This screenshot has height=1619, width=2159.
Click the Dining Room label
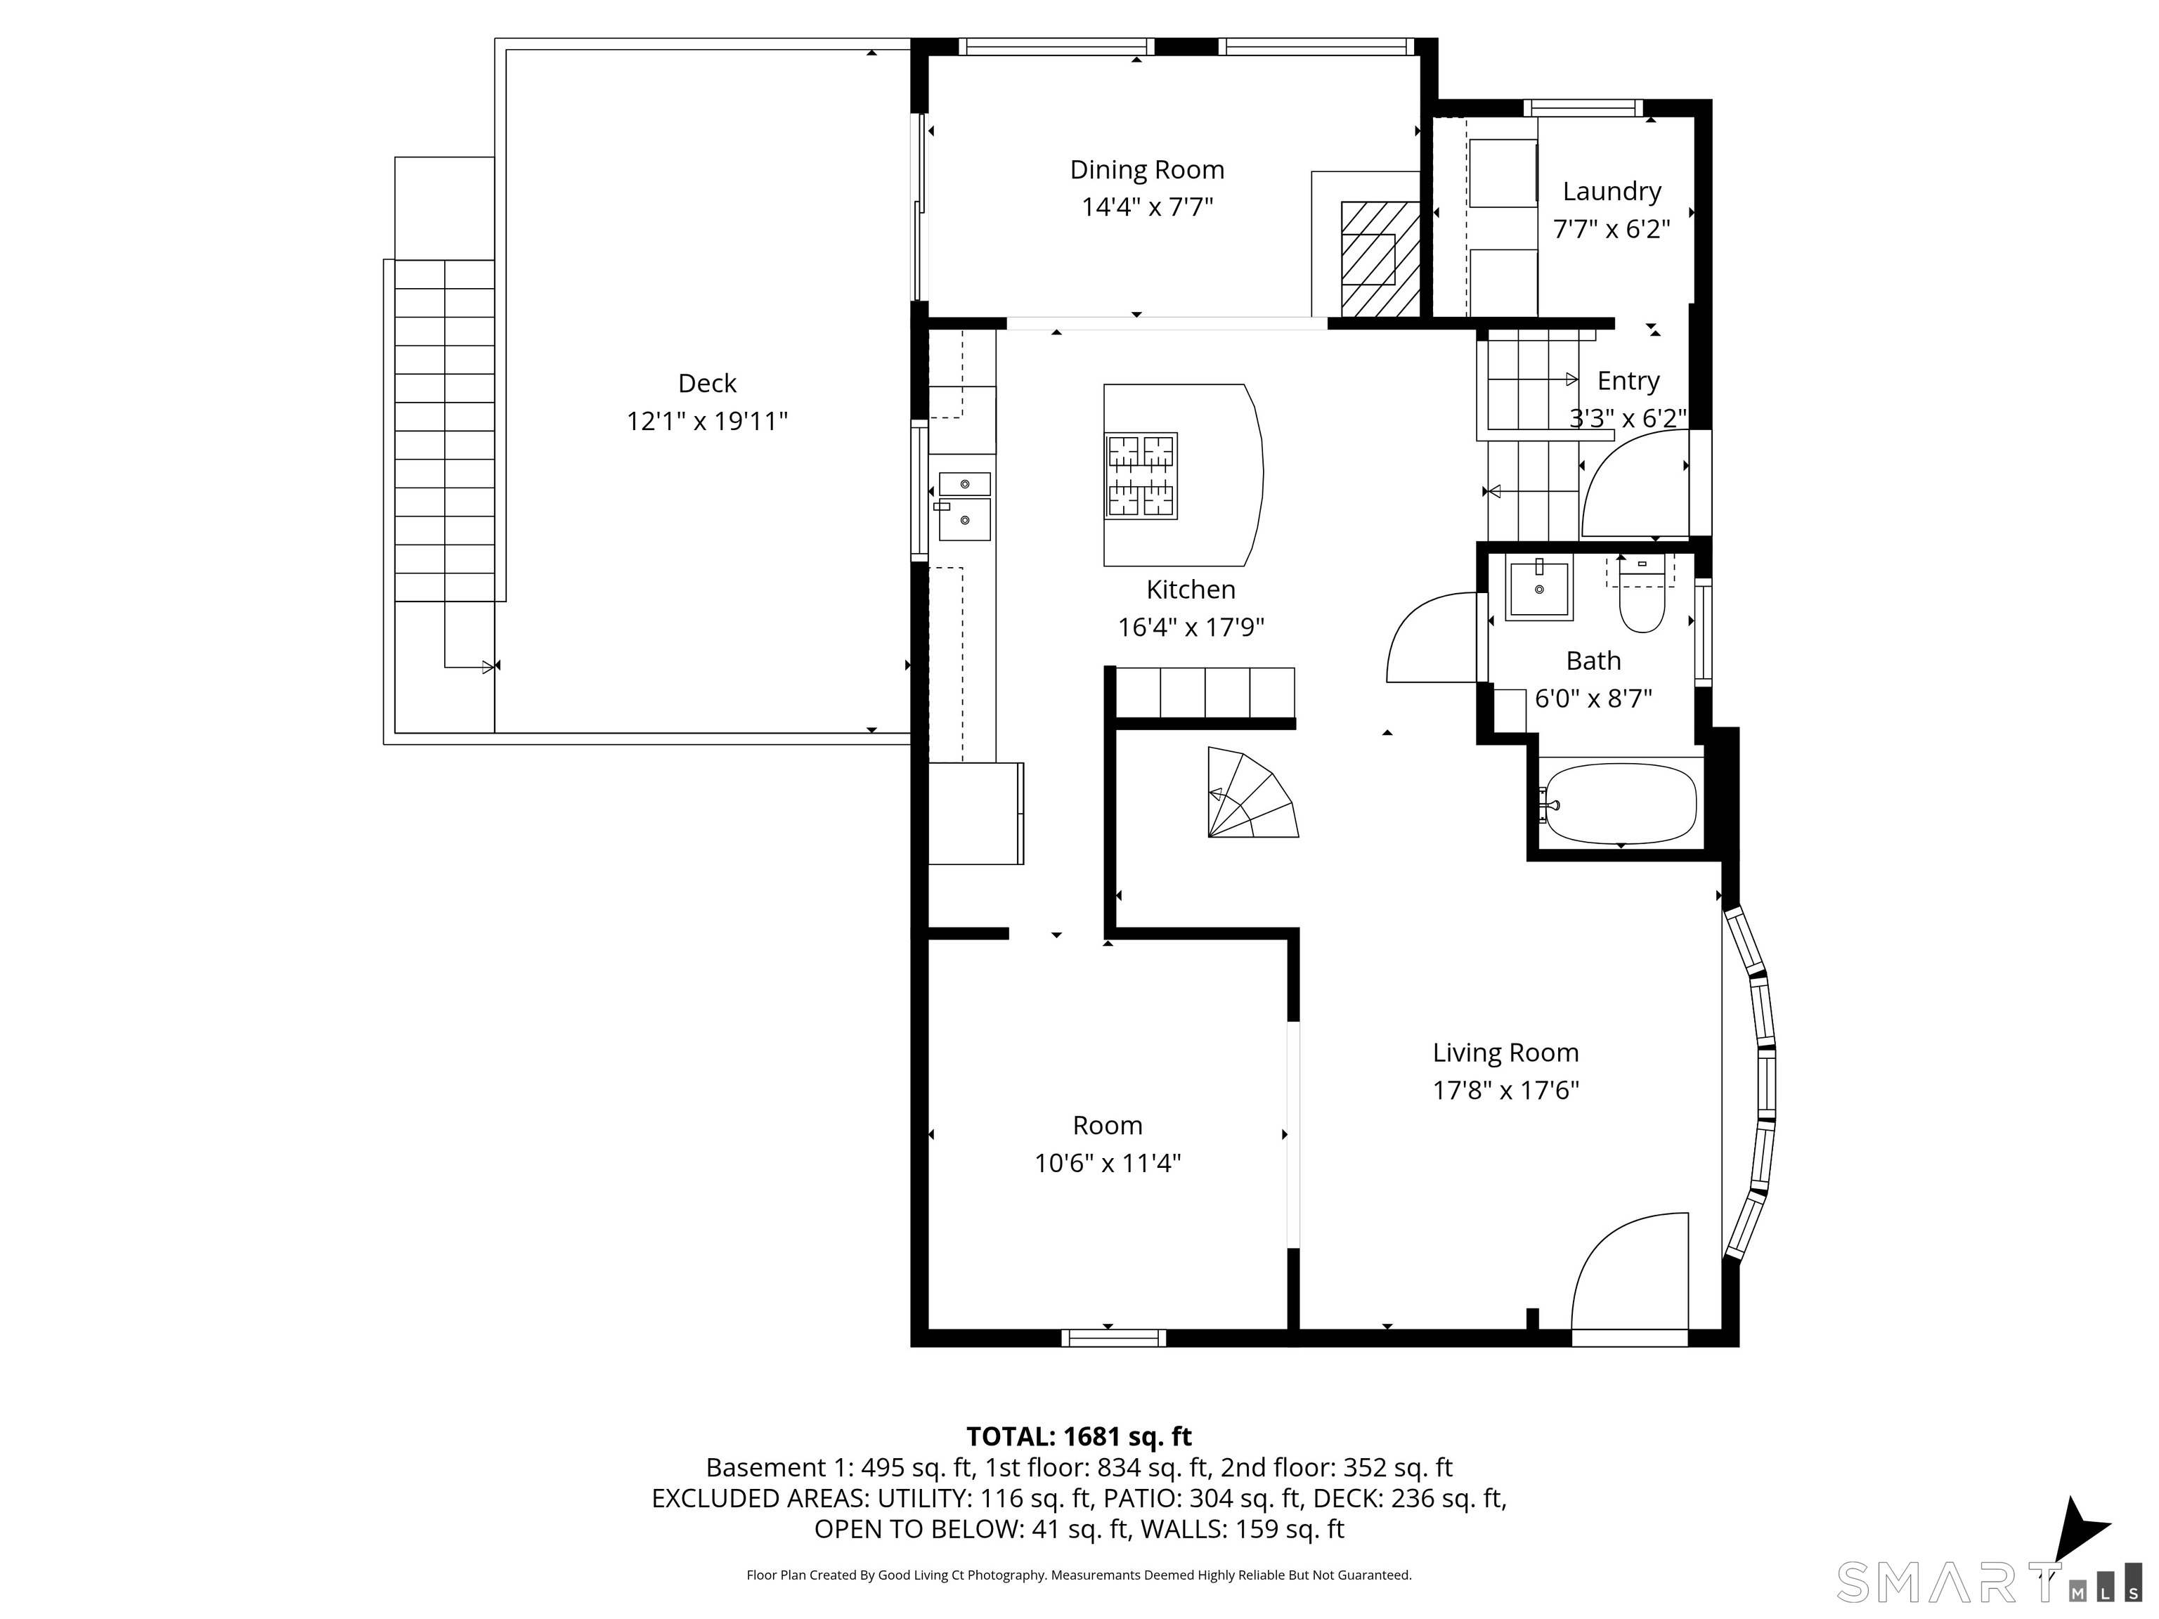(1147, 170)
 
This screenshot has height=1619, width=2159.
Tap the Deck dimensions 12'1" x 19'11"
(706, 422)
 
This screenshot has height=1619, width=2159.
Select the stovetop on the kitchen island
(1141, 475)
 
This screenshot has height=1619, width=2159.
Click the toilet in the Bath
(1642, 594)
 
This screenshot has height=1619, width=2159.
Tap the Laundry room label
(1612, 191)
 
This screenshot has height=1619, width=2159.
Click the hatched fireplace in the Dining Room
(1379, 259)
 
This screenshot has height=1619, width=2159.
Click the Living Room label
(1505, 1053)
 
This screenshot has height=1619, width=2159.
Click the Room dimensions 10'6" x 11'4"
(1108, 1163)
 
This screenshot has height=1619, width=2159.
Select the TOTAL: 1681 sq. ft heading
(1079, 1436)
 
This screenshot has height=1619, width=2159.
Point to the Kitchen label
(1191, 590)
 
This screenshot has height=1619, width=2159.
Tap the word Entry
(1628, 381)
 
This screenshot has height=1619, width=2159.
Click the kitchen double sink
(964, 507)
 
